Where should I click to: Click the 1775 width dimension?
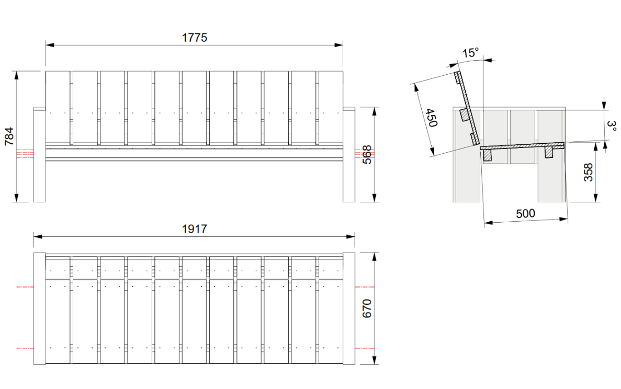(x=195, y=38)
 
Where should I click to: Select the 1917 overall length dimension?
(x=195, y=229)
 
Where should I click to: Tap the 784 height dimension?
(x=9, y=136)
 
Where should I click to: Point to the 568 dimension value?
(x=367, y=154)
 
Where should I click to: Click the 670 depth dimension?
(x=367, y=308)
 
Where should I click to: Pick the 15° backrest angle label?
(x=470, y=53)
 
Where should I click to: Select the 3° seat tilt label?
(x=612, y=127)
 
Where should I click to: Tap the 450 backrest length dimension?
(x=431, y=118)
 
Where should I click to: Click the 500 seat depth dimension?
(x=526, y=214)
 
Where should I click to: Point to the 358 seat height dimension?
(x=588, y=172)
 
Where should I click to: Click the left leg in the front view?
(x=39, y=155)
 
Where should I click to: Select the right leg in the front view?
(x=349, y=155)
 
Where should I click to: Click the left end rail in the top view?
(x=39, y=308)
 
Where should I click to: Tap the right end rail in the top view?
(x=349, y=308)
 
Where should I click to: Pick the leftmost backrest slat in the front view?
(x=58, y=108)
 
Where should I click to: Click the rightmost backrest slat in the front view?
(x=331, y=108)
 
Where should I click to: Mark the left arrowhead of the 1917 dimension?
(x=38, y=237)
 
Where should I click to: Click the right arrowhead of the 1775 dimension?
(x=338, y=45)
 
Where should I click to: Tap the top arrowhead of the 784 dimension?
(x=16, y=76)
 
